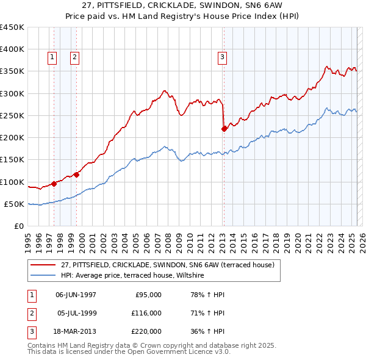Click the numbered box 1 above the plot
52,57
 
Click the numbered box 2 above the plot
74,57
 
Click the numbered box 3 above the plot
222,57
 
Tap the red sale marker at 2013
224,128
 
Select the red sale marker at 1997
54,183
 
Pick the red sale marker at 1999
77,175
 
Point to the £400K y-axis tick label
12,49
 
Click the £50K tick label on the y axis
15,204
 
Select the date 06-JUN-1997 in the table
76,295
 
